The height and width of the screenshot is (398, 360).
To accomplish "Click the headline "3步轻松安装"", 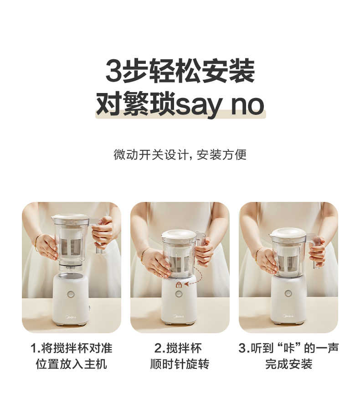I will pyautogui.click(x=180, y=71).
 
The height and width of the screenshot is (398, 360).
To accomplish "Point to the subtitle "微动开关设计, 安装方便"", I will pyautogui.click(x=180, y=155).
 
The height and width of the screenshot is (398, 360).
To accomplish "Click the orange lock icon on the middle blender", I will pyautogui.click(x=179, y=284).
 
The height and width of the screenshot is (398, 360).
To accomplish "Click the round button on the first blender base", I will pyautogui.click(x=71, y=294).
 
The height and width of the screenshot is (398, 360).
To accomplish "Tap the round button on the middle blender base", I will pyautogui.click(x=179, y=294).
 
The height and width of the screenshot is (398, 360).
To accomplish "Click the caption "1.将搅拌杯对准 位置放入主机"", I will pyautogui.click(x=71, y=356).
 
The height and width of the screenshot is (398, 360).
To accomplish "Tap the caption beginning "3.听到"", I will pyautogui.click(x=288, y=356).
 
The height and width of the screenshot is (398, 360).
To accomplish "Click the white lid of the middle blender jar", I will pyautogui.click(x=179, y=235).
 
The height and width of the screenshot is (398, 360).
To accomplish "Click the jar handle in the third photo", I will pyautogui.click(x=315, y=248).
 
